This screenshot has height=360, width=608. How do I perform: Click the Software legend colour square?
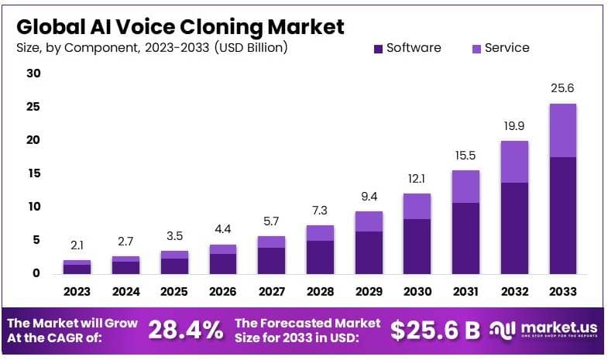pos(379,49)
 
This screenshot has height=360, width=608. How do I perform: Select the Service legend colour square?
pos(476,49)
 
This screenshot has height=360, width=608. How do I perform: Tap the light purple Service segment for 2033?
pos(563,130)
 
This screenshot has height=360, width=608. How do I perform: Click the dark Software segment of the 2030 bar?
pos(417,246)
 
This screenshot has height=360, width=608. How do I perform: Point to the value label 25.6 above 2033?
pos(563,88)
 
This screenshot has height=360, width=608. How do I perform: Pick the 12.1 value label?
pos(417,179)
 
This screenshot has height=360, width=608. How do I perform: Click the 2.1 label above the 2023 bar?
pos(77,245)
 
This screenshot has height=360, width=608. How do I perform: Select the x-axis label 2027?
pos(272,292)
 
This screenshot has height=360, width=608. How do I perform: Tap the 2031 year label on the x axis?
pos(466,292)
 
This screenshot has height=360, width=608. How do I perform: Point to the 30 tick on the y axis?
pos(33,74)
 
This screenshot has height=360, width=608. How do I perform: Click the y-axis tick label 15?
pos(33,173)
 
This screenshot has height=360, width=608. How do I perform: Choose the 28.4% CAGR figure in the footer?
pos(185,331)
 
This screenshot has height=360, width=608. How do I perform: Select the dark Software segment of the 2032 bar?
pos(515,228)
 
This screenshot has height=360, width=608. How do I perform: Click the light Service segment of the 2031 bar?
pos(466,187)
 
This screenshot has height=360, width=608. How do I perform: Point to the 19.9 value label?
pos(515,126)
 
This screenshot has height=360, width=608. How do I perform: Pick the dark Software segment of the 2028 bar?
pos(321,257)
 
